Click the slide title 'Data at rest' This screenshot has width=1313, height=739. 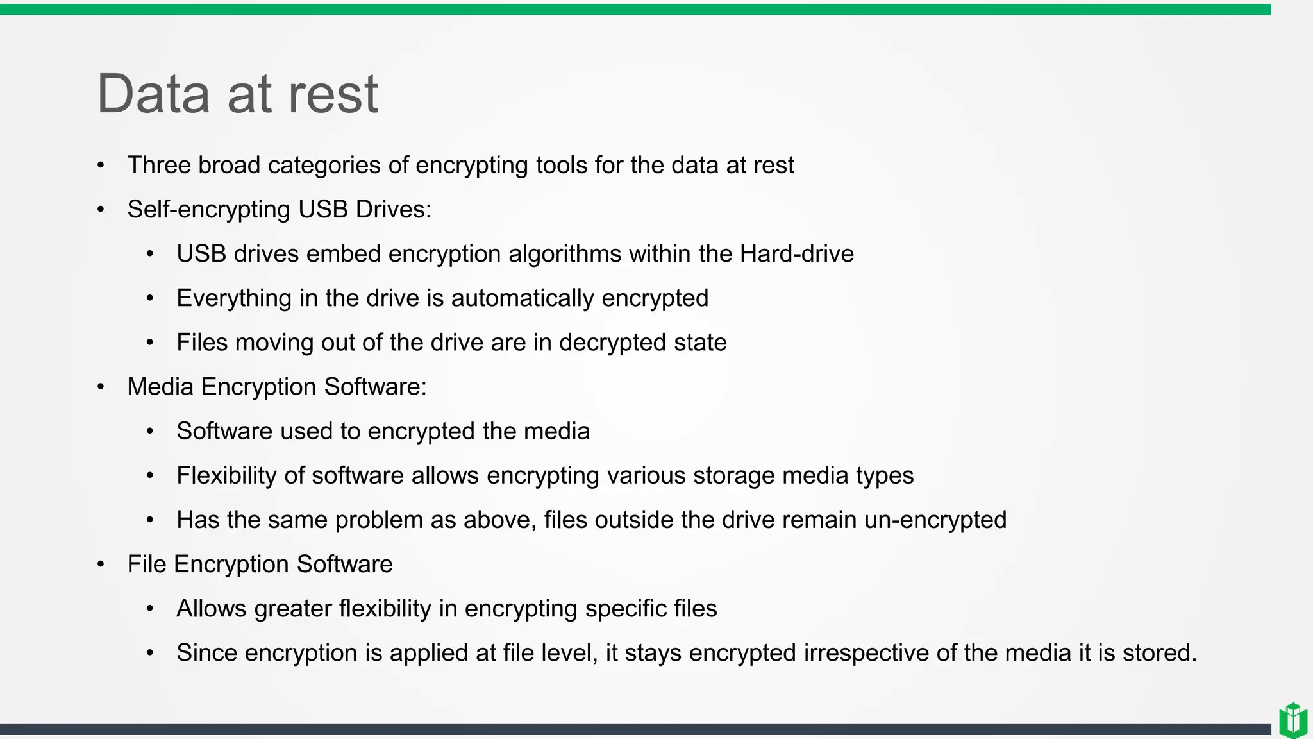pos(237,94)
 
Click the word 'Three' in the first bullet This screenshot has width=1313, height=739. pos(159,166)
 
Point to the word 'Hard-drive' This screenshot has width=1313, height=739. pos(796,254)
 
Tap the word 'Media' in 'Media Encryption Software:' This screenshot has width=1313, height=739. pos(160,387)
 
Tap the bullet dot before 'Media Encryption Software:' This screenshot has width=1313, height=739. pos(101,387)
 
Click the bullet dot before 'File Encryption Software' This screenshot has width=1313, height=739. pos(101,565)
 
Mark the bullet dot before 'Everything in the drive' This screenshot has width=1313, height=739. pos(150,298)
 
